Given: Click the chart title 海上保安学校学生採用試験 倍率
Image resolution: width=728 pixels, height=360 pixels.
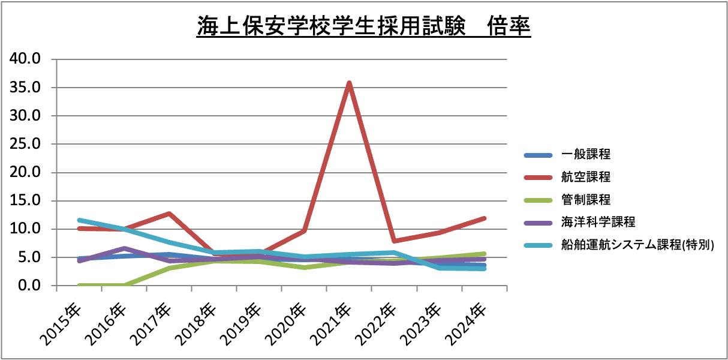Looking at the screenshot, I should (x=363, y=27).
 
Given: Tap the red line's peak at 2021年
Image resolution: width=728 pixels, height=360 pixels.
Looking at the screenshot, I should (x=349, y=83).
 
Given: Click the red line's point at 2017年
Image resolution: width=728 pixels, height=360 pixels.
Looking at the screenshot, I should (x=169, y=214).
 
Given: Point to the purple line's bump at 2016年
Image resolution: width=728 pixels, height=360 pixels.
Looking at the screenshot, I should (x=124, y=248).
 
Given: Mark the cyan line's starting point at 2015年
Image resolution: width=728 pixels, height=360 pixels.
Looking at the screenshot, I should (x=79, y=220).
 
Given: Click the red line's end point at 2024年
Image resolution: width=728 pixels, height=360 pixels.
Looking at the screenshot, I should (x=484, y=218).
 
